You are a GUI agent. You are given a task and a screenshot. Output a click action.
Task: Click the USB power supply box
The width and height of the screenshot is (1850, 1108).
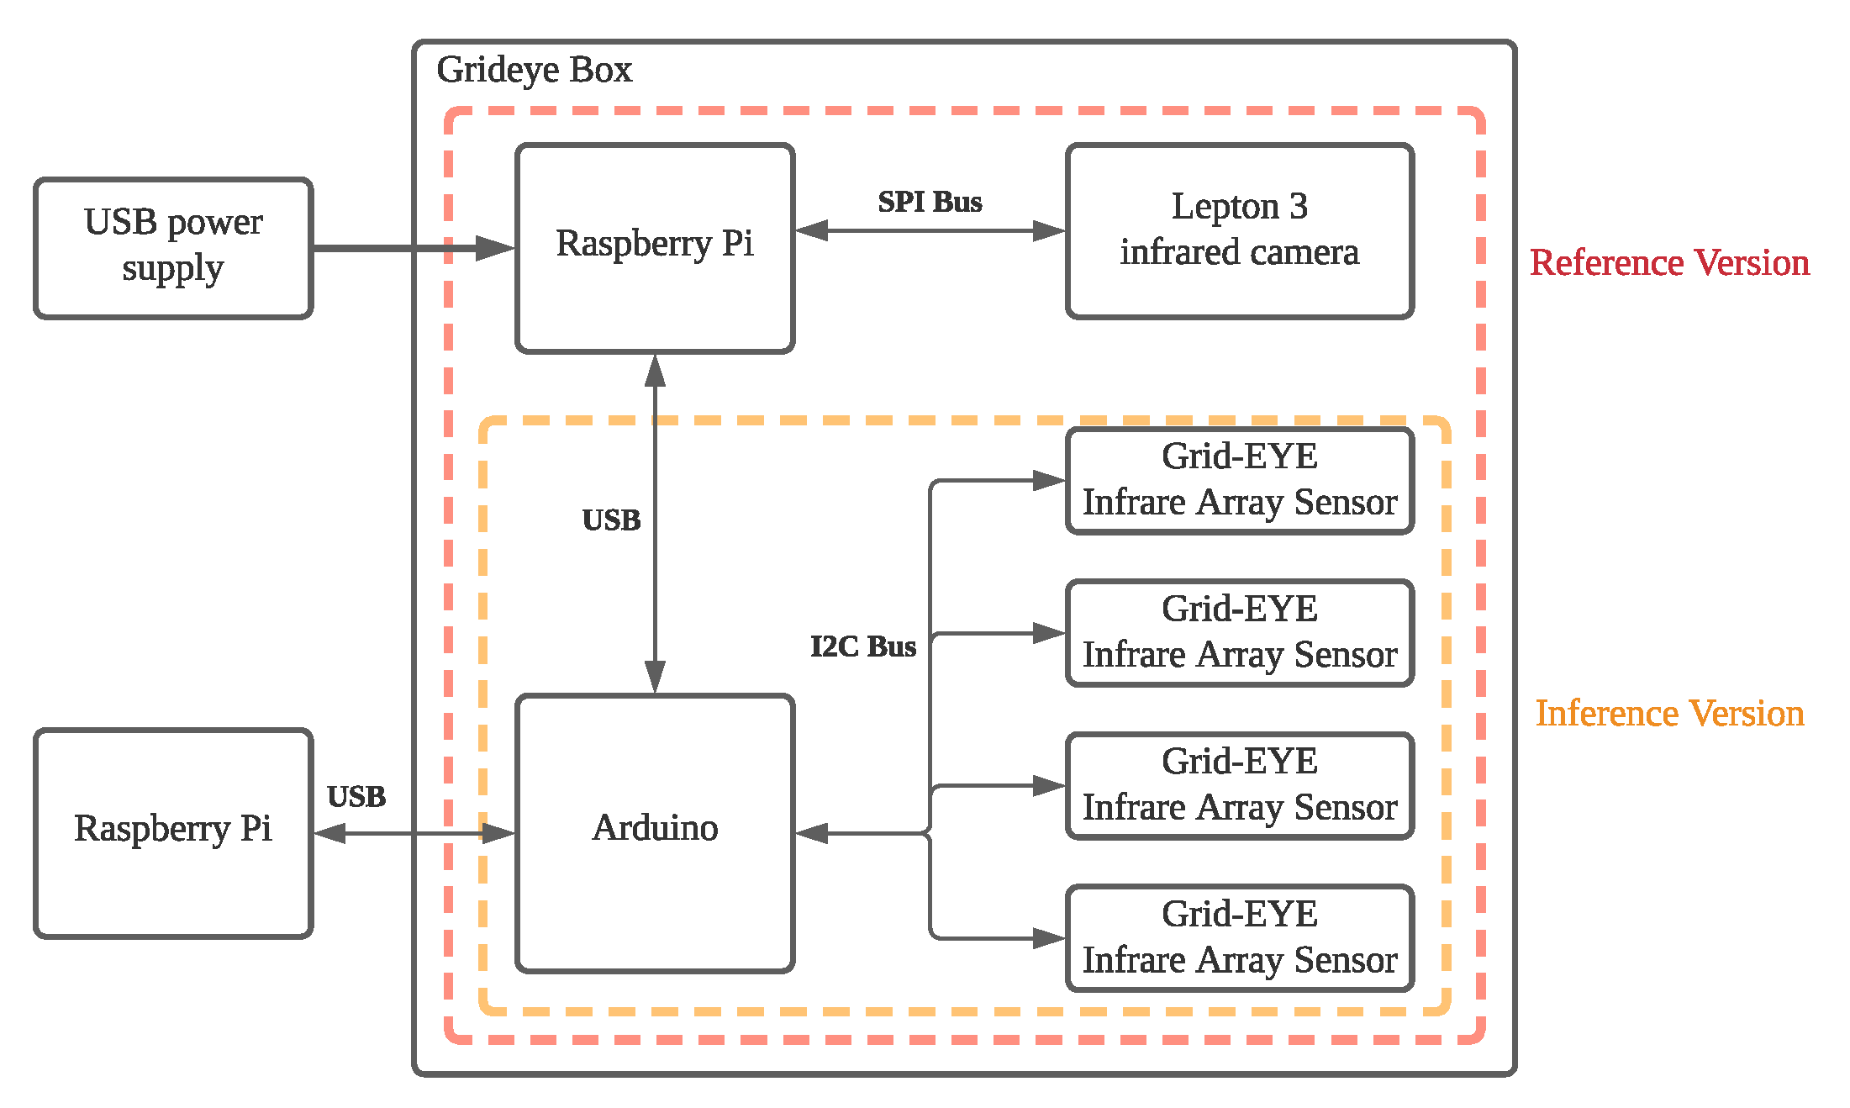pyautogui.click(x=173, y=248)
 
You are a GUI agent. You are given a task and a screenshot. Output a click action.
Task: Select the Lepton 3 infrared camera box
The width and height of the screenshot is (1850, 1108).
pyautogui.click(x=1239, y=230)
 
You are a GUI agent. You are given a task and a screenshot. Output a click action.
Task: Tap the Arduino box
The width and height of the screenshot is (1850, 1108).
pyautogui.click(x=655, y=832)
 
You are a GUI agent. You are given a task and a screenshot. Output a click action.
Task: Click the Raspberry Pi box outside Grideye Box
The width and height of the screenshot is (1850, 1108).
pyautogui.click(x=173, y=832)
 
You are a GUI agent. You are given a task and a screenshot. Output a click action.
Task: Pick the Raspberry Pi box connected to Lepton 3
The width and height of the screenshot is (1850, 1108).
pyautogui.click(x=655, y=248)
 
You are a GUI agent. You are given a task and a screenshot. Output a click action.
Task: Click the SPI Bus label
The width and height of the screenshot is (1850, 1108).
pyautogui.click(x=930, y=203)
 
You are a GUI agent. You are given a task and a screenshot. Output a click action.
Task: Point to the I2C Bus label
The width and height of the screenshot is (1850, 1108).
pyautogui.click(x=863, y=646)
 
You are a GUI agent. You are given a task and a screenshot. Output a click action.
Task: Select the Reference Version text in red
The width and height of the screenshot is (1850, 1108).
pyautogui.click(x=1669, y=263)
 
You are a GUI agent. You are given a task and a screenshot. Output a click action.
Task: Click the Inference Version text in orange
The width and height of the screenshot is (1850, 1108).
pyautogui.click(x=1669, y=714)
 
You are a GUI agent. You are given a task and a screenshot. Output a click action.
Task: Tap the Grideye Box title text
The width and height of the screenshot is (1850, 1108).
pyautogui.click(x=534, y=70)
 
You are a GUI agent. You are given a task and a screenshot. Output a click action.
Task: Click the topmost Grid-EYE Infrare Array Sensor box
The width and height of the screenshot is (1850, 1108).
pyautogui.click(x=1239, y=480)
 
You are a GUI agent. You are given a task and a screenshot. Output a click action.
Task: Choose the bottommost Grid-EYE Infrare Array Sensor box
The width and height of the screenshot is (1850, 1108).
pyautogui.click(x=1239, y=937)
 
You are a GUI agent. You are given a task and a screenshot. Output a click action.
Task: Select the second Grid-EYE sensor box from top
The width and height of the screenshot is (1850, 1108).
pyautogui.click(x=1239, y=632)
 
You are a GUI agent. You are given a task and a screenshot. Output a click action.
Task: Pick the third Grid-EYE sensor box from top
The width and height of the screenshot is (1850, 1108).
pyautogui.click(x=1239, y=785)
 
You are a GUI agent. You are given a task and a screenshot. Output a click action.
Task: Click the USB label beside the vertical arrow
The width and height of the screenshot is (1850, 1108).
pyautogui.click(x=611, y=520)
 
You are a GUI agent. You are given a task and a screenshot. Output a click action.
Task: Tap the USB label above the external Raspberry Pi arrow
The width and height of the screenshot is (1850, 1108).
pyautogui.click(x=356, y=797)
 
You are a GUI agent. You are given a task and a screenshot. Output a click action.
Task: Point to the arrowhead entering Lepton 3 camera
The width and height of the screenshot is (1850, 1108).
pyautogui.click(x=1050, y=230)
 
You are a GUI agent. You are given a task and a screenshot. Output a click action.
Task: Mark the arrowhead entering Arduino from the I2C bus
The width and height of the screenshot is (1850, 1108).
pyautogui.click(x=812, y=833)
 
